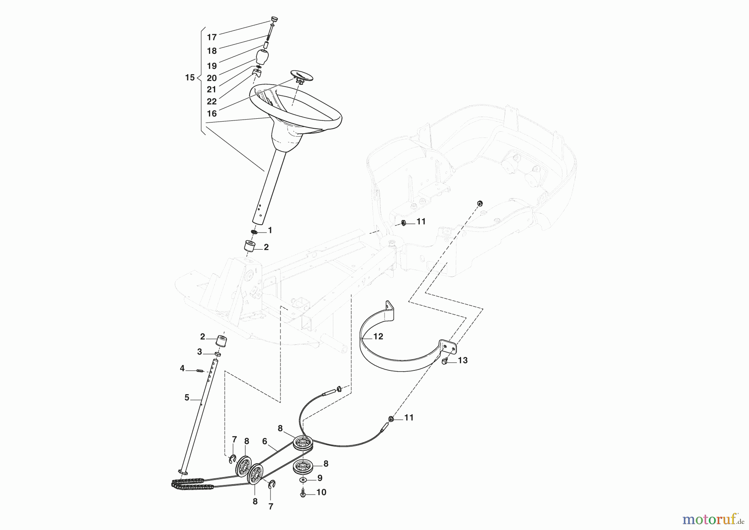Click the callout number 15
click(x=190, y=77)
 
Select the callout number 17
click(x=212, y=37)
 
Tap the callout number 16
click(x=212, y=113)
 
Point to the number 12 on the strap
click(x=378, y=336)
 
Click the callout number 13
click(x=463, y=360)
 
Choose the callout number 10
click(x=321, y=492)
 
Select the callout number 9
click(x=320, y=477)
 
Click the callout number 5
click(x=187, y=398)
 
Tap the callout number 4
click(x=182, y=368)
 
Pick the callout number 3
click(x=199, y=352)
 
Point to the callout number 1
click(x=270, y=230)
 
